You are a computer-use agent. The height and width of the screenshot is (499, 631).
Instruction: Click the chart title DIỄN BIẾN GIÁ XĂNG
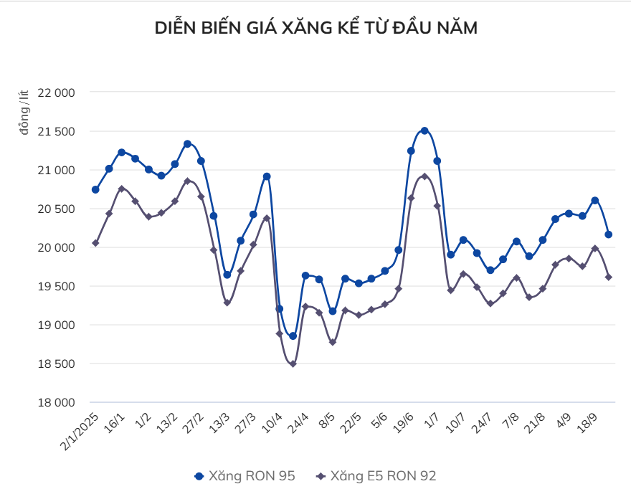[315, 28]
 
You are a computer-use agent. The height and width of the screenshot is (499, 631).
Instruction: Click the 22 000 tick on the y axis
[56, 92]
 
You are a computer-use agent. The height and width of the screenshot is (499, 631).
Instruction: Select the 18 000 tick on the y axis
[56, 402]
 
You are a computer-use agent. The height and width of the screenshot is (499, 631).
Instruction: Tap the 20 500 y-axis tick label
[56, 209]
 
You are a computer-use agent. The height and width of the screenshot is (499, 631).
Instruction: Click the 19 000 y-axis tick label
[56, 325]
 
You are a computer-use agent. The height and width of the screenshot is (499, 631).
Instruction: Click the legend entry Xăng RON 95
[245, 475]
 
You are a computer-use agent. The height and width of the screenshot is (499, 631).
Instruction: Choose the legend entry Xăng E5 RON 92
[376, 475]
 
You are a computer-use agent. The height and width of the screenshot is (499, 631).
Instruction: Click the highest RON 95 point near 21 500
[424, 130]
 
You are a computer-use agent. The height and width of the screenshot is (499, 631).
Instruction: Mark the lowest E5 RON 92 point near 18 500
[293, 363]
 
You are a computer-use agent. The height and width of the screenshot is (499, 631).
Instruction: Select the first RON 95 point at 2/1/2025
[95, 189]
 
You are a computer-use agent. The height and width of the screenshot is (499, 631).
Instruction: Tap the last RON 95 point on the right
[608, 234]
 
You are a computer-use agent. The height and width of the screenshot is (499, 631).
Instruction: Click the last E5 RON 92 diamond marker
[608, 277]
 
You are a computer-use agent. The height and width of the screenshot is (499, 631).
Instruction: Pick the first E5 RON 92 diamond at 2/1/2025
[95, 243]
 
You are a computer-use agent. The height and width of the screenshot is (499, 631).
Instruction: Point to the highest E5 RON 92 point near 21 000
[424, 176]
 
